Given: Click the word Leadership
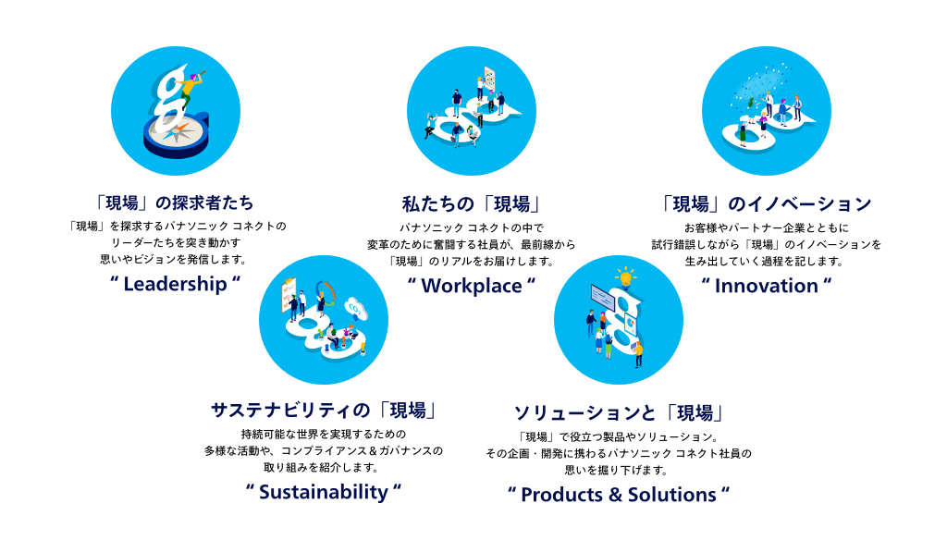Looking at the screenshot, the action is click(175, 284).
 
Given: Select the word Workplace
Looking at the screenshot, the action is click(471, 286).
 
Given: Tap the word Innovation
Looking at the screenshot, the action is click(767, 286).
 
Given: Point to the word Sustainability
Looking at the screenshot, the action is click(324, 492).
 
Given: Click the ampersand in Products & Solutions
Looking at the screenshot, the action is click(615, 495).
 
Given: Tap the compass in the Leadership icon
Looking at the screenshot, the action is click(176, 136).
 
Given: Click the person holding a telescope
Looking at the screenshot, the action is click(192, 88).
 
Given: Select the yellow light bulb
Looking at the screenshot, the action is click(626, 277).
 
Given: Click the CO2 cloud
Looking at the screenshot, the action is click(355, 309).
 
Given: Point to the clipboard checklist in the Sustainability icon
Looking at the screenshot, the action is click(289, 294).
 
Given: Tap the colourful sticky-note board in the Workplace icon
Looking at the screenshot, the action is click(489, 78).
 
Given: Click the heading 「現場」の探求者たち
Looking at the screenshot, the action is click(175, 202).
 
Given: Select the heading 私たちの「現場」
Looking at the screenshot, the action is click(471, 204).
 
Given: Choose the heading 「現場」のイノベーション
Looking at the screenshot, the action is click(767, 204).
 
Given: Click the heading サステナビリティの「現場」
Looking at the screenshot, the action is click(324, 411).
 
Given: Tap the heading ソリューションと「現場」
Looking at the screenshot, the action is click(619, 412).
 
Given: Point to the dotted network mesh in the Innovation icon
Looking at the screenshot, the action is click(762, 82).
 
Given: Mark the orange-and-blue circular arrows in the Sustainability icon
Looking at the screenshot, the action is click(326, 290).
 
